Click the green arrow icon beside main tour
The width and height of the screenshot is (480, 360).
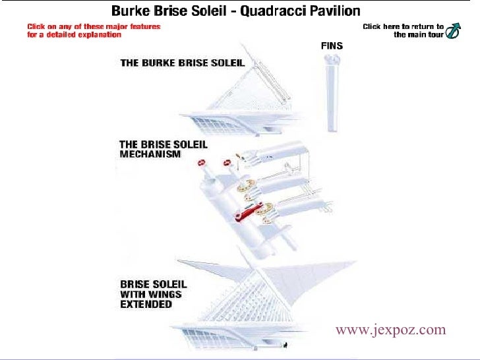point(453,31)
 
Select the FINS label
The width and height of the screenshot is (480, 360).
point(332,46)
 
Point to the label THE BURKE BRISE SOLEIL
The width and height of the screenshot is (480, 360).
point(182,63)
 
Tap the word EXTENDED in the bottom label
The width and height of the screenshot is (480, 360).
point(146,305)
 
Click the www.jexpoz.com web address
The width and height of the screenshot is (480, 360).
point(390,330)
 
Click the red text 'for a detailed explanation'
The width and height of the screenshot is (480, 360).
point(74,34)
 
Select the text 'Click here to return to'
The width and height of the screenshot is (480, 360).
point(403,26)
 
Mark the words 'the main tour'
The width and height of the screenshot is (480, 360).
point(419,35)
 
